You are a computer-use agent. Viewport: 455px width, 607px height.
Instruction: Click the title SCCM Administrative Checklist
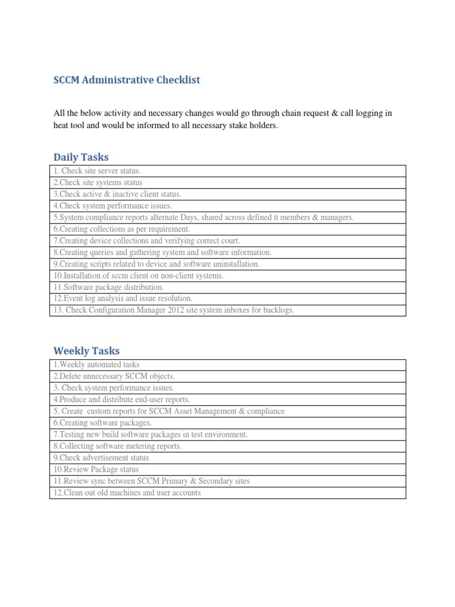coord(127,80)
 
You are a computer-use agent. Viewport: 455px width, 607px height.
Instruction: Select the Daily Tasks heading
coord(81,157)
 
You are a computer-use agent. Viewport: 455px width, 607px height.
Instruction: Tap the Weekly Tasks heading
coord(86,351)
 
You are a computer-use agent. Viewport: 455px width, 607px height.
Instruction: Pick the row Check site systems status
coord(98,183)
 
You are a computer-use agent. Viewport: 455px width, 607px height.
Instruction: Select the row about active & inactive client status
coord(117,194)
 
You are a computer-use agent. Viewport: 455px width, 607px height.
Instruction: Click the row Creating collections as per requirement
coord(121,229)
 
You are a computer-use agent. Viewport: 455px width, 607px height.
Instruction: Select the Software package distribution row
coord(108,287)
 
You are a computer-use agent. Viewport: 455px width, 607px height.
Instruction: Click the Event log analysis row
coord(123,298)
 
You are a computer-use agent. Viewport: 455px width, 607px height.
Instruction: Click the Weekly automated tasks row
coord(97,365)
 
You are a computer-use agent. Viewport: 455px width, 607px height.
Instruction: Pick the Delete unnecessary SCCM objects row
coord(114,376)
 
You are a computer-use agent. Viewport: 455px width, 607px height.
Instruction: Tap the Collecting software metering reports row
coord(117,446)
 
